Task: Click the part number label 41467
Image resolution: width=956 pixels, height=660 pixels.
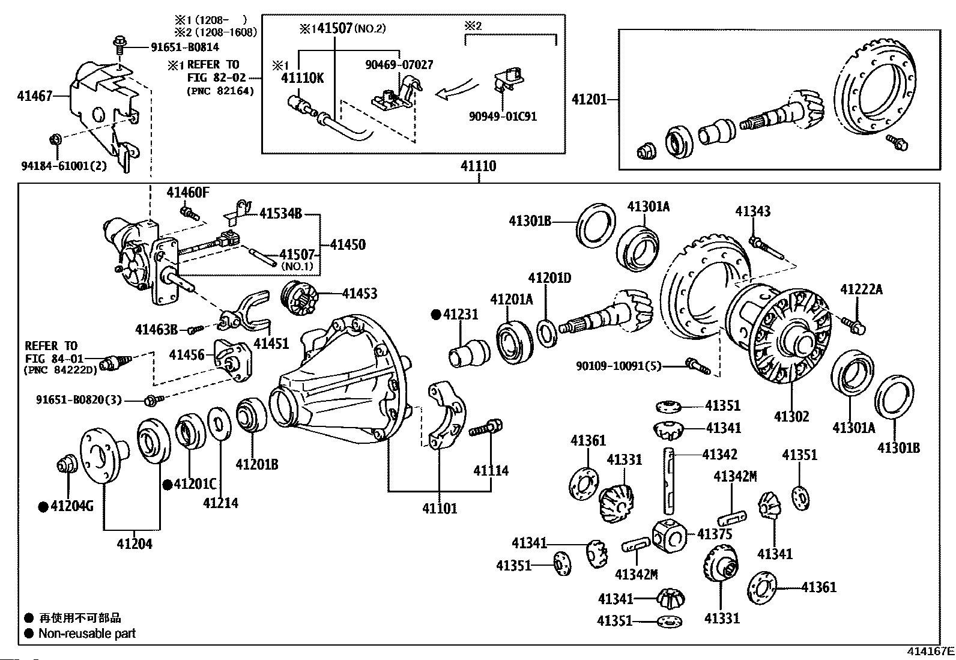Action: point(35,95)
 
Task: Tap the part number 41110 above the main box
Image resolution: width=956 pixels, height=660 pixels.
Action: point(479,166)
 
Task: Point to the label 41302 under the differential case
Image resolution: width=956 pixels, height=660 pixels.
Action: point(791,417)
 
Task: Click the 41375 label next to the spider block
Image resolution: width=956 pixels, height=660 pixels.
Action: point(715,534)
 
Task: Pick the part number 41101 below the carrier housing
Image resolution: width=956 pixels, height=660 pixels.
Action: point(440,509)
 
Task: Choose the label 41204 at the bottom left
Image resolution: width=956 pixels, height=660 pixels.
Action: point(135,544)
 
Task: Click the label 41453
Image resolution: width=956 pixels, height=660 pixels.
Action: point(360,294)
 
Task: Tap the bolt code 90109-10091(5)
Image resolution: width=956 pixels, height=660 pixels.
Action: point(619,365)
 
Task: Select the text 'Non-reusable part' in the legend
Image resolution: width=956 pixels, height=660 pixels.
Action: point(87,634)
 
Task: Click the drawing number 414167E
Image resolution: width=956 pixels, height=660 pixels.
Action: point(930,651)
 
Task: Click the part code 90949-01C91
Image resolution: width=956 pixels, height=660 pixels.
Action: point(503,116)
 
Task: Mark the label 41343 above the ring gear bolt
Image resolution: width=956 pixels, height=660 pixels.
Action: point(753,211)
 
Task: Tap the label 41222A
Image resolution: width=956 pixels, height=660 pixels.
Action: point(862,289)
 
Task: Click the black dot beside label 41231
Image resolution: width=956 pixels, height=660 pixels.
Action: point(437,314)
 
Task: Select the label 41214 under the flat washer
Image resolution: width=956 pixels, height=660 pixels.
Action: point(220,503)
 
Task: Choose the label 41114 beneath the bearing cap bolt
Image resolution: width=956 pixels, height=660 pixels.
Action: point(491,471)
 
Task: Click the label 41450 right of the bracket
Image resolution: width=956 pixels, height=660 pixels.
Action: point(348,244)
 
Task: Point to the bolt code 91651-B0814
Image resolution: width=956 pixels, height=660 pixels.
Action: point(176,47)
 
